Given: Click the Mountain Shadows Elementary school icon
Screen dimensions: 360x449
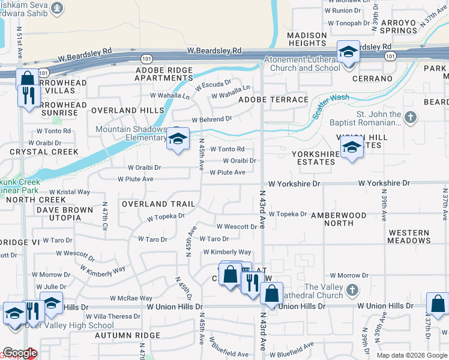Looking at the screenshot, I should click(x=178, y=139).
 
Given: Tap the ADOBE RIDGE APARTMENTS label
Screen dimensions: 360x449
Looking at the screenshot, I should click(x=164, y=74).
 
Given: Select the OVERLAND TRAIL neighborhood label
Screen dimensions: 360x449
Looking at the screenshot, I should click(x=158, y=204).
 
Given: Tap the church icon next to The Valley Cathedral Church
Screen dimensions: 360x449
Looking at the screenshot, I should click(x=352, y=290).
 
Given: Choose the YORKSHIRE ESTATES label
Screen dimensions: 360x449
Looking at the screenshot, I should click(x=315, y=158).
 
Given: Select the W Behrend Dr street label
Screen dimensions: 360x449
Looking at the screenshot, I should click(x=212, y=120).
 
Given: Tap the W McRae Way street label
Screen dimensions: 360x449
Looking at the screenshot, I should click(x=131, y=298).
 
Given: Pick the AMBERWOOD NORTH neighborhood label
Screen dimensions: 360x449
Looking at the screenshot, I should click(x=339, y=219).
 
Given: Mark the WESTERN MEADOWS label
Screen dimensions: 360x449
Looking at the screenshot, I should click(x=409, y=236).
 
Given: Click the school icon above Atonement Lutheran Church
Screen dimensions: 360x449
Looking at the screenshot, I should click(x=348, y=53).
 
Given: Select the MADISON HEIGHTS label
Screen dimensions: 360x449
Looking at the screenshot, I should click(x=306, y=39).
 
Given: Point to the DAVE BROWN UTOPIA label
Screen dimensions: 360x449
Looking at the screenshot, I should click(x=65, y=214).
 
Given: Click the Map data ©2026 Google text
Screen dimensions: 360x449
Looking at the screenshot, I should click(x=412, y=355).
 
